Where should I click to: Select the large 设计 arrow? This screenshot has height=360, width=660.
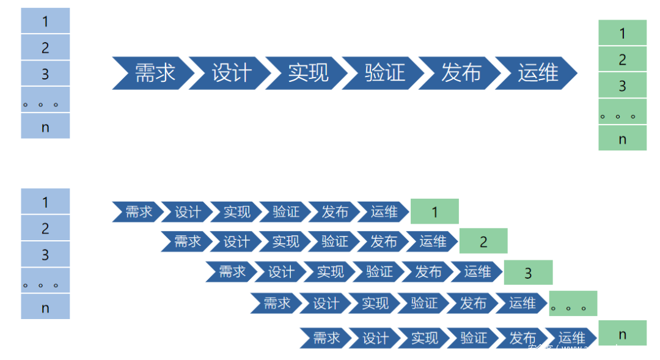pyautogui.click(x=231, y=73)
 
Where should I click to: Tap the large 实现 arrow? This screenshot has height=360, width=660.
pyautogui.click(x=307, y=73)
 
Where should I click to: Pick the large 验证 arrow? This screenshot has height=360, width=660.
pyautogui.click(x=384, y=73)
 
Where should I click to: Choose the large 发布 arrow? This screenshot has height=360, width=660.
pyautogui.click(x=460, y=73)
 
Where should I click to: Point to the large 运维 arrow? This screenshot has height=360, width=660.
pyautogui.click(x=537, y=73)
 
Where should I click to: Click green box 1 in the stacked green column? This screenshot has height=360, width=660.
pyautogui.click(x=622, y=32)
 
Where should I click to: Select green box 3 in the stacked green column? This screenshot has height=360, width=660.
pyautogui.click(x=622, y=85)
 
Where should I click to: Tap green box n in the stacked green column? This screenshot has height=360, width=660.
pyautogui.click(x=622, y=138)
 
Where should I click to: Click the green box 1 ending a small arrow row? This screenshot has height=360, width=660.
pyautogui.click(x=435, y=211)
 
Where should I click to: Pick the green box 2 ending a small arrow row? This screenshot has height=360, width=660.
pyautogui.click(x=483, y=241)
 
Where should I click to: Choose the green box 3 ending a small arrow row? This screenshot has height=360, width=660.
pyautogui.click(x=528, y=273)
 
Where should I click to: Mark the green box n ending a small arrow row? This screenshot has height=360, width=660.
pyautogui.click(x=622, y=333)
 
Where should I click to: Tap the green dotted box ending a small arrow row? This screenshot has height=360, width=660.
pyautogui.click(x=573, y=304)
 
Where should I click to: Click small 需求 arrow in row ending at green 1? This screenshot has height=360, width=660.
pyautogui.click(x=138, y=212)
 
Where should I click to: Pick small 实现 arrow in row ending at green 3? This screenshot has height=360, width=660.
pyautogui.click(x=330, y=272)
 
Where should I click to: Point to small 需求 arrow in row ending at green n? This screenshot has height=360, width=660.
pyautogui.click(x=326, y=338)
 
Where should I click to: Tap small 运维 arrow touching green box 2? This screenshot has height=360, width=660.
pyautogui.click(x=433, y=241)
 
